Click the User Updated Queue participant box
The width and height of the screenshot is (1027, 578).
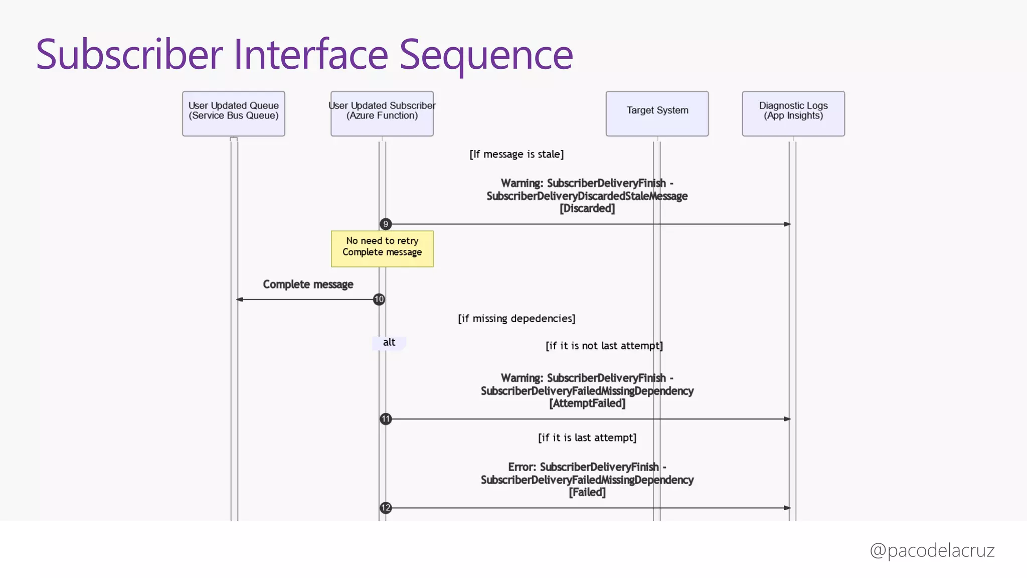pos(233,113)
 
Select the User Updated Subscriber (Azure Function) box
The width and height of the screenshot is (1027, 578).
pos(382,113)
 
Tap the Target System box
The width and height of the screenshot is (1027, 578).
pos(657,113)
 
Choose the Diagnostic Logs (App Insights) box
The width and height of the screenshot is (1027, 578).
pos(793,113)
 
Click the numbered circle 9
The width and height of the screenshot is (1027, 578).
pos(385,224)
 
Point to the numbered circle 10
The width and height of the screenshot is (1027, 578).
pos(379,300)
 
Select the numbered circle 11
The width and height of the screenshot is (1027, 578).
pos(385,419)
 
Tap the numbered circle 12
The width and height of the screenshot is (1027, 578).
pos(385,508)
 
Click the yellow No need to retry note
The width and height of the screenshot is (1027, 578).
pos(382,249)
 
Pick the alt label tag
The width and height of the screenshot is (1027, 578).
pos(389,343)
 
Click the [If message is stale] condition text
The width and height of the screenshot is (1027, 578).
pos(517,155)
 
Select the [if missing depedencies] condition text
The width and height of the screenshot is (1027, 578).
pos(517,319)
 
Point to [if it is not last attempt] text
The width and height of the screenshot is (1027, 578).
pos(604,346)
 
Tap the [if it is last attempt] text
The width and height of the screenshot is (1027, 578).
pos(587,438)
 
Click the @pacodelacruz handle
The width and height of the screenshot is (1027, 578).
pos(932,550)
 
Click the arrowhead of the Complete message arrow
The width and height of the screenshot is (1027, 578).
pos(240,300)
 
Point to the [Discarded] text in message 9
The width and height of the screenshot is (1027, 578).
pos(587,208)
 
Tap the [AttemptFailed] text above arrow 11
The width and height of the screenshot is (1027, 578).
pos(587,403)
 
